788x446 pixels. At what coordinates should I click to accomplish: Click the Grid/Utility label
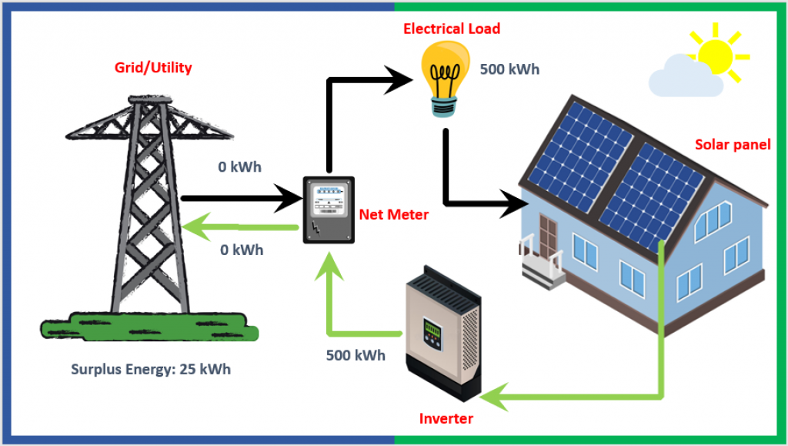point(153,67)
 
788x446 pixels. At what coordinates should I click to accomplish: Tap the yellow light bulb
point(446,79)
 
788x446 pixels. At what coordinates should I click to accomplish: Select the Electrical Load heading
point(452,29)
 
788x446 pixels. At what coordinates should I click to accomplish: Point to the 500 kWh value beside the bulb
point(509,69)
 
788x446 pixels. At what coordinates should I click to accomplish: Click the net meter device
point(329,210)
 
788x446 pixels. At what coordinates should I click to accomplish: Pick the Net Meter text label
point(394,215)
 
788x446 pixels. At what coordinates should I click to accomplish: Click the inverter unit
point(444,332)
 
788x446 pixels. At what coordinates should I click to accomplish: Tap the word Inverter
point(446,418)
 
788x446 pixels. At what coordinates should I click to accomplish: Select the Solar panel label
point(733,145)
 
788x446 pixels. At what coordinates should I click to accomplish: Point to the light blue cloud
point(684,76)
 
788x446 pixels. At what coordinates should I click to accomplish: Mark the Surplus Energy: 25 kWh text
point(151,369)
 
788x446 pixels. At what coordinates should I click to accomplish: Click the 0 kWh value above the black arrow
point(240,167)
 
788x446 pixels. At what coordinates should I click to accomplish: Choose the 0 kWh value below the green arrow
point(242,250)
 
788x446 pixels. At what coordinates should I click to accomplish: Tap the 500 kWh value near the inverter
point(356,356)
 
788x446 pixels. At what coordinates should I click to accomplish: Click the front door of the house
point(548,236)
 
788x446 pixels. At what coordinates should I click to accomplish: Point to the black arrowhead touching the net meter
point(289,198)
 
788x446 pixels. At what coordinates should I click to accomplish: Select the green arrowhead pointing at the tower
point(195,226)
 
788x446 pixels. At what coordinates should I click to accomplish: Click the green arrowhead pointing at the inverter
point(494,397)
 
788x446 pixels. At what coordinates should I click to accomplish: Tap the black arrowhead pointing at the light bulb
point(399,79)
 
